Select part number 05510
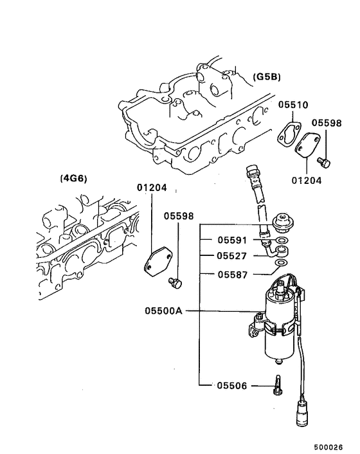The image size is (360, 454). click(293, 104)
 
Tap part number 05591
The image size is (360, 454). click(232, 241)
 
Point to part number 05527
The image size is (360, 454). click(232, 257)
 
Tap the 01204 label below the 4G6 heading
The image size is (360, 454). click(152, 188)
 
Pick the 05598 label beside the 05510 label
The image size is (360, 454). click(328, 122)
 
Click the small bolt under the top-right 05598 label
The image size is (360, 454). click(325, 162)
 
